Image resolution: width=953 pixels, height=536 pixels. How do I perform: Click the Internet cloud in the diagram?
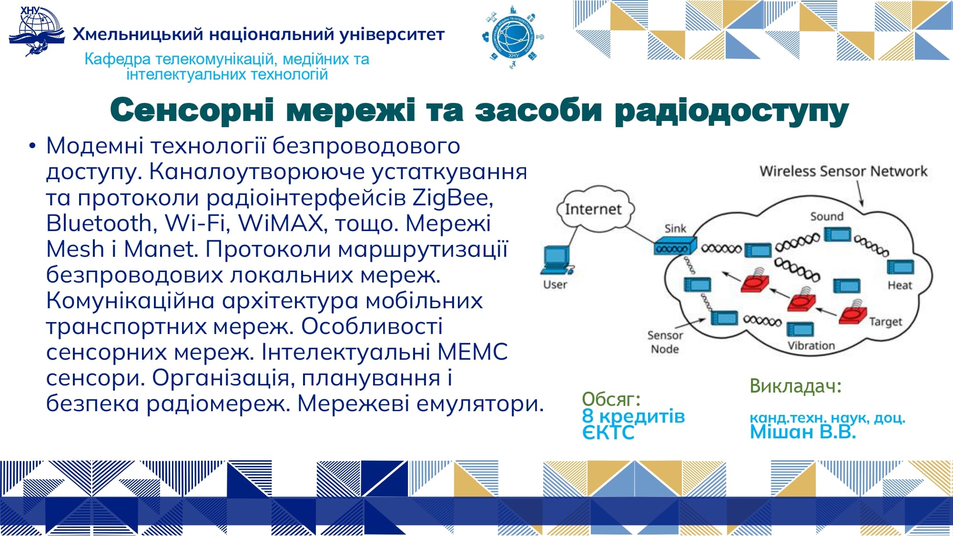click(596, 209)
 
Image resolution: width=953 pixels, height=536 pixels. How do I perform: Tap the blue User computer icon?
click(557, 261)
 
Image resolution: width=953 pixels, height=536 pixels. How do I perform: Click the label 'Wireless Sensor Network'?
click(843, 171)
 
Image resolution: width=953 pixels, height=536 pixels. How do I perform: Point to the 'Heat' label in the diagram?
click(900, 285)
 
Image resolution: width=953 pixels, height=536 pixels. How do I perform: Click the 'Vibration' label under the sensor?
click(811, 345)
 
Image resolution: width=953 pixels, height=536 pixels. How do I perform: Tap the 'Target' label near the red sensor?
click(885, 322)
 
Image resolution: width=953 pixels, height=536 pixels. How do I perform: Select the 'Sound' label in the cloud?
click(827, 216)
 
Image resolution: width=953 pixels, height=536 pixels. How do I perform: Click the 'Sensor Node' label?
click(665, 342)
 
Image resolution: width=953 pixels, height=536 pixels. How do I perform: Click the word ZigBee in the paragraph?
click(453, 197)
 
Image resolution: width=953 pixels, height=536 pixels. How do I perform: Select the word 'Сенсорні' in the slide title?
click(192, 110)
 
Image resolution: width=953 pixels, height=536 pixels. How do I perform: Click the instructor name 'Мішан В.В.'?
click(803, 432)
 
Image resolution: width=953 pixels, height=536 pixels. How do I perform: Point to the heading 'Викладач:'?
click(796, 386)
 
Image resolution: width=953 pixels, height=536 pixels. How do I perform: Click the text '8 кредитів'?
click(633, 416)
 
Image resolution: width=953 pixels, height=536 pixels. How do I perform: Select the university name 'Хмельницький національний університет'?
click(259, 34)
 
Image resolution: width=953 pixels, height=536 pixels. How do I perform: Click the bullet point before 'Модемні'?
click(32, 145)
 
